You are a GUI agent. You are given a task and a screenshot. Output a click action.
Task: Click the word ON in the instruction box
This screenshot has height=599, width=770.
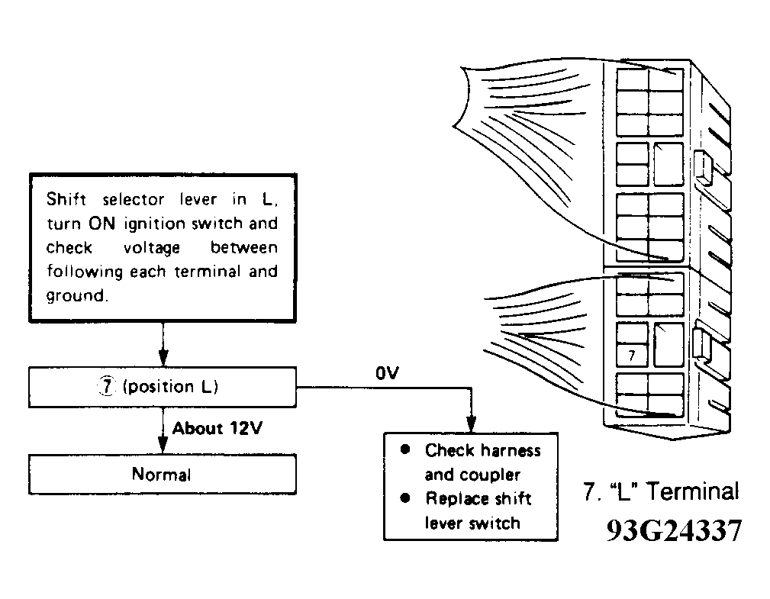(x=101, y=224)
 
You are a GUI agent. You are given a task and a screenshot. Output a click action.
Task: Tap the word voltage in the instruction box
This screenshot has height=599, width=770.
(x=152, y=249)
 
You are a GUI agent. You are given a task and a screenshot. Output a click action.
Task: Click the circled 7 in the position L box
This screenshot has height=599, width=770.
(x=107, y=386)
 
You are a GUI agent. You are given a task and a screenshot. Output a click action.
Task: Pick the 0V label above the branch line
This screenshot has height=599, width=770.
(x=388, y=373)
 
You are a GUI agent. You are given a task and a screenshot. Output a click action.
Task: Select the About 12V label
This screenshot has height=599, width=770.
(x=217, y=428)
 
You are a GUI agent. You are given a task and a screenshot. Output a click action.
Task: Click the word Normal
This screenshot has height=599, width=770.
(x=162, y=475)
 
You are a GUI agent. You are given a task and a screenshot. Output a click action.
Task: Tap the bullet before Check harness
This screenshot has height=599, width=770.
(x=405, y=449)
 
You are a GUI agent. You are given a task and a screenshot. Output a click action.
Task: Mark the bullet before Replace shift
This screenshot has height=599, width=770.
(x=405, y=498)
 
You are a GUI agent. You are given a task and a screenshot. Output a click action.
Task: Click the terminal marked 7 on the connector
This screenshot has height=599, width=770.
(x=632, y=355)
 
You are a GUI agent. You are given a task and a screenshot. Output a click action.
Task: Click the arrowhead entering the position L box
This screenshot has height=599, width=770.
(x=163, y=358)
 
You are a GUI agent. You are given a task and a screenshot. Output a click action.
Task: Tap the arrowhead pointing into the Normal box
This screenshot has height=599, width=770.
(x=163, y=446)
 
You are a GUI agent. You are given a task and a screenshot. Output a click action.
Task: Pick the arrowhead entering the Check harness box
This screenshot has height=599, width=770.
(x=472, y=424)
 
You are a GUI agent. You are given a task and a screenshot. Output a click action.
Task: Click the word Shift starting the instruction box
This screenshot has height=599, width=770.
(x=66, y=199)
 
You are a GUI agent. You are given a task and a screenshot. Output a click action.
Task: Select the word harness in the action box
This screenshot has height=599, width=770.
(x=511, y=451)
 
